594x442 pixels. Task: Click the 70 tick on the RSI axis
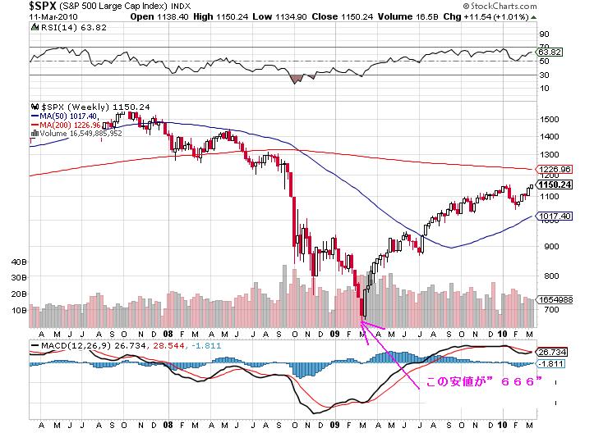click(543, 35)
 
